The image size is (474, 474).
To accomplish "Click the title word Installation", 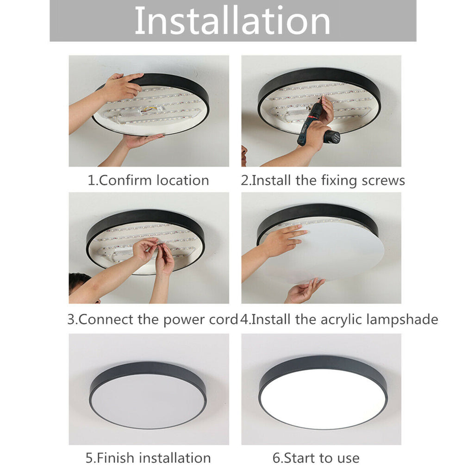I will [x=232, y=21].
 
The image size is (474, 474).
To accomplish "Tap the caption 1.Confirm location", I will [x=148, y=180].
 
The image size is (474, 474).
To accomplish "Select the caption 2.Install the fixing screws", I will [x=323, y=180].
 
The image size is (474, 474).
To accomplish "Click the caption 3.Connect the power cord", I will [x=152, y=319].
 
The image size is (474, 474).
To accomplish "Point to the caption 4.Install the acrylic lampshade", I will [x=339, y=319].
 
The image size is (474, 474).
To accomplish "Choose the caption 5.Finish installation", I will [x=148, y=458].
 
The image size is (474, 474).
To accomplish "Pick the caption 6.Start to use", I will [x=316, y=458].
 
